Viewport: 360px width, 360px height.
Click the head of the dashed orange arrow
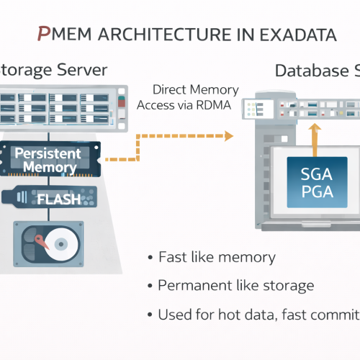[228, 136]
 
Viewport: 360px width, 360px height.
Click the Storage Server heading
[54, 70]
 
